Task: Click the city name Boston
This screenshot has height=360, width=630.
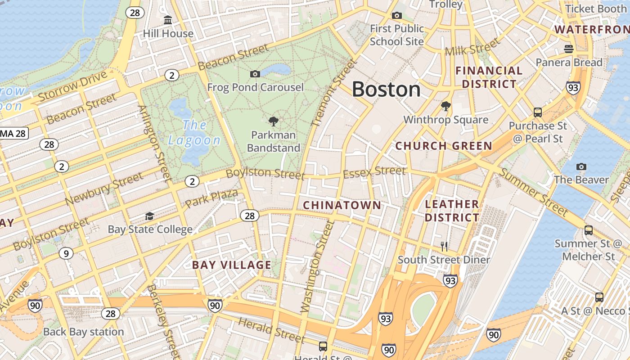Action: [386, 89]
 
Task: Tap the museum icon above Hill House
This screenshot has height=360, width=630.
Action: [168, 20]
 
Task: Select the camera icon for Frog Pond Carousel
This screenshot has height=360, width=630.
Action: [255, 74]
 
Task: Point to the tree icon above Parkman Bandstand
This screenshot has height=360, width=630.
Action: [273, 121]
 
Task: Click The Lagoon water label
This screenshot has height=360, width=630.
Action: [194, 132]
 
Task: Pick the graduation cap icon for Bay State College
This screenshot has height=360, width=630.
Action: [149, 216]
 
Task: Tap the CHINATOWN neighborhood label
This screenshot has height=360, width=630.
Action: [342, 206]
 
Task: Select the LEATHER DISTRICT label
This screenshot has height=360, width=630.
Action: [452, 211]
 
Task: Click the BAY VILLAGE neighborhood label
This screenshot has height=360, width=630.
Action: [232, 265]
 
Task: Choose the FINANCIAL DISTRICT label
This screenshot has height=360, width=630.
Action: [489, 77]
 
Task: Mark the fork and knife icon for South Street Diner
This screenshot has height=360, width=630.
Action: [444, 246]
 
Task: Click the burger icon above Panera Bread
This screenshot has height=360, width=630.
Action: [569, 49]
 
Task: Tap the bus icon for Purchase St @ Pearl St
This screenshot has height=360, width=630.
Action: [537, 112]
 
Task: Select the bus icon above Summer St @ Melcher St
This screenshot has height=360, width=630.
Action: [588, 230]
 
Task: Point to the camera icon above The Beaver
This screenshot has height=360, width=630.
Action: [581, 167]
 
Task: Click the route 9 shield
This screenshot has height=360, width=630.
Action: [66, 254]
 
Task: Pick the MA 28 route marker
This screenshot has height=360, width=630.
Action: [13, 133]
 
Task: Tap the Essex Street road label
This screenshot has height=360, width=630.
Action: [374, 171]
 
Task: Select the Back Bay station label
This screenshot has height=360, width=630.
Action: [83, 332]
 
